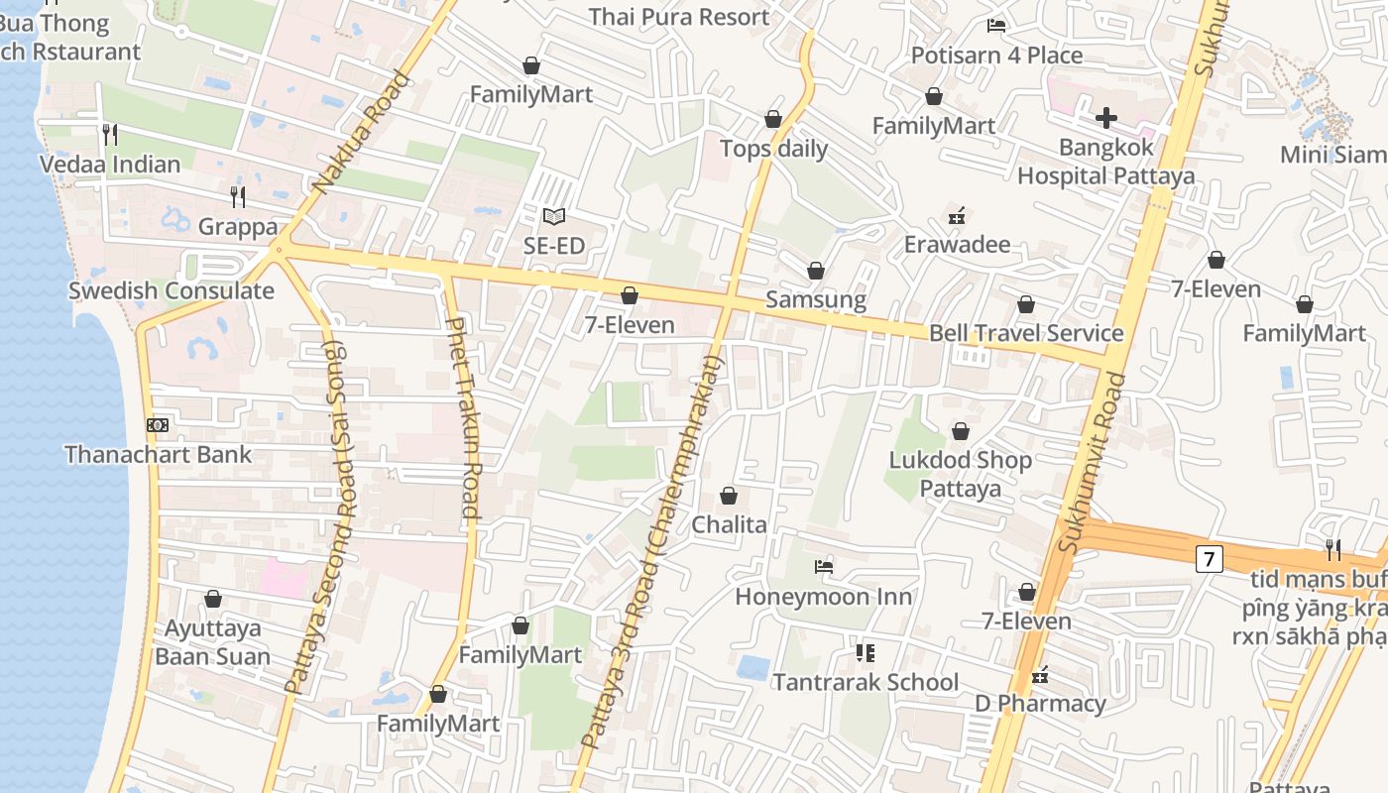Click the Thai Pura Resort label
click(x=678, y=17)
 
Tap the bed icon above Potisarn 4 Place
click(x=996, y=26)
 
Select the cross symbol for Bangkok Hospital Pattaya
click(x=1105, y=119)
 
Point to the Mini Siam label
click(x=1331, y=155)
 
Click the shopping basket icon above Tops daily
click(x=773, y=120)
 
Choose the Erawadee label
click(x=957, y=245)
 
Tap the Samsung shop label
click(x=816, y=299)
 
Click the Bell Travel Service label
click(x=1026, y=333)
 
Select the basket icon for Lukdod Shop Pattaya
click(x=960, y=432)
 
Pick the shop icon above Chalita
click(x=729, y=496)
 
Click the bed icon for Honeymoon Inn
click(x=823, y=567)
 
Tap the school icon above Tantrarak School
click(x=866, y=653)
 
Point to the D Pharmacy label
click(x=1040, y=704)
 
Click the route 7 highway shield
click(x=1208, y=559)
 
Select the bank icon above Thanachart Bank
click(x=158, y=426)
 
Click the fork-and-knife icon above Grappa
click(x=237, y=197)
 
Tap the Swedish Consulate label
click(x=171, y=291)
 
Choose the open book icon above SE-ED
click(x=553, y=216)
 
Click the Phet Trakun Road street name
click(x=463, y=418)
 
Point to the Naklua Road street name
click(x=360, y=132)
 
